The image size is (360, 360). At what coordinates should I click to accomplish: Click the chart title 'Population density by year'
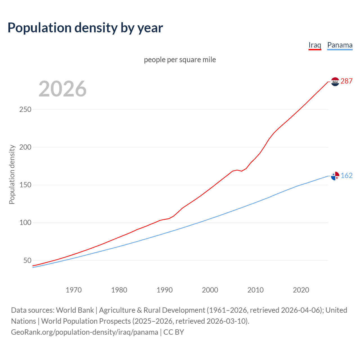coord(85,28)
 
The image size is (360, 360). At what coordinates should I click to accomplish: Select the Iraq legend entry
coord(315,45)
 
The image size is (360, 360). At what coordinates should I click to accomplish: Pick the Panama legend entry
coord(340,45)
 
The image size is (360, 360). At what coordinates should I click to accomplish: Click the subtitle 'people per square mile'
coord(180,60)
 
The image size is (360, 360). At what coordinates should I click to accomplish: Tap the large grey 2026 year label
coord(62,89)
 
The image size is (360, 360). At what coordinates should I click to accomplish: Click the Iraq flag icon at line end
coord(335,82)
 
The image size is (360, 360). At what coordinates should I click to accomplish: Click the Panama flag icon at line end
coord(335,176)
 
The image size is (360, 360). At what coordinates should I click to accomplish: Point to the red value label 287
coord(346,81)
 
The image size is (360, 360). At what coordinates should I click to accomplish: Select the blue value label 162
coord(346,176)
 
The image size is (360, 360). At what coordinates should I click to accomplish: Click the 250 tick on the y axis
coord(25,109)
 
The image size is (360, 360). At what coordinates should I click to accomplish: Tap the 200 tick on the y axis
coord(25,147)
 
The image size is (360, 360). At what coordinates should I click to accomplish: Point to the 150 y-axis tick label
coord(25,185)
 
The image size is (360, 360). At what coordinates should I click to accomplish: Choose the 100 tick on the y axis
coord(25,223)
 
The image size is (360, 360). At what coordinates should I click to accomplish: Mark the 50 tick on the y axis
coord(27,260)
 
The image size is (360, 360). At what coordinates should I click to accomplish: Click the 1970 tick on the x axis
coord(74,290)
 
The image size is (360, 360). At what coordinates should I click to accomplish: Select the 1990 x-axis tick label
coord(165,290)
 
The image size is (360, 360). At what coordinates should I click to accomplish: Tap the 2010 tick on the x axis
coord(255,290)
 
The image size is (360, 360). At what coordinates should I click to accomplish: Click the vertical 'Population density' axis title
coord(12,174)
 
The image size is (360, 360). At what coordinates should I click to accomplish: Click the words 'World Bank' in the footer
coord(75,310)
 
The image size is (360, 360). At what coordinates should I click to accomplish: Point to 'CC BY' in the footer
coord(174,332)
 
